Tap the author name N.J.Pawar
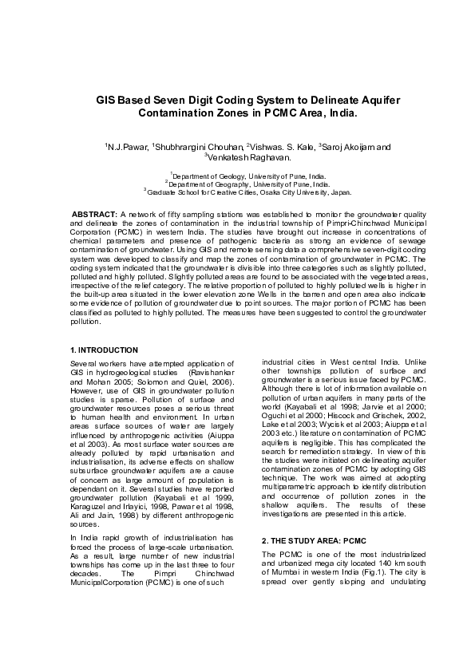point(127,148)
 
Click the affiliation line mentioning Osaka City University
point(237,192)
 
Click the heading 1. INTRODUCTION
point(104,350)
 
